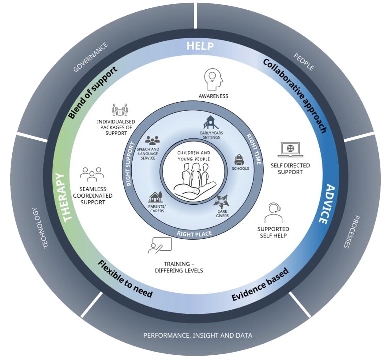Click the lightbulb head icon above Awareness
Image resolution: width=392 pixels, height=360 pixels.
(x=213, y=79)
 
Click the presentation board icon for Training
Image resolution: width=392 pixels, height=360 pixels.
(x=159, y=245)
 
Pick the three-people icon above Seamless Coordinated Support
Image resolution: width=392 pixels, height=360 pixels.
(x=92, y=174)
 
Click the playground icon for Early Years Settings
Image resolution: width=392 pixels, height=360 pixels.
(x=211, y=122)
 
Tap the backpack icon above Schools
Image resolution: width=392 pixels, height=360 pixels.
(x=239, y=159)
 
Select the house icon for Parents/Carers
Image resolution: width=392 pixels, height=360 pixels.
(x=155, y=197)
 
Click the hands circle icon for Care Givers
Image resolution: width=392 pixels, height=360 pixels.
(x=220, y=202)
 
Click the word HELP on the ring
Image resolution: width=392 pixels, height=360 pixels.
(x=200, y=47)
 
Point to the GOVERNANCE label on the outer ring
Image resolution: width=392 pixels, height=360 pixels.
(x=91, y=58)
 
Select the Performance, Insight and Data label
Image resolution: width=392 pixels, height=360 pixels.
(x=198, y=335)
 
